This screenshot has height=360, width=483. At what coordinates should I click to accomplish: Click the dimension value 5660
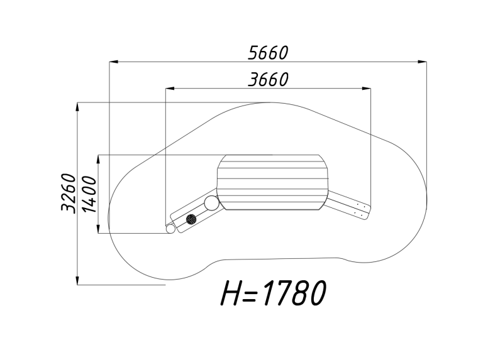(x=268, y=53)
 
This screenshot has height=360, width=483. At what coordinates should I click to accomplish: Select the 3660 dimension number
(x=268, y=79)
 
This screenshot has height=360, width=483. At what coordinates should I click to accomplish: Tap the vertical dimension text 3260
(x=69, y=193)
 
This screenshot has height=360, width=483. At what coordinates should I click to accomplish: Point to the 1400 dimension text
(x=90, y=194)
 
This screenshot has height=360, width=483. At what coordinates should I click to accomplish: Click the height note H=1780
(x=273, y=293)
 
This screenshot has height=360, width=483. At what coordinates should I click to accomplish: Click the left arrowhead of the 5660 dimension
(x=114, y=62)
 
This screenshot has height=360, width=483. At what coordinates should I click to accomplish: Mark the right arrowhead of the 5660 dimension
(x=423, y=62)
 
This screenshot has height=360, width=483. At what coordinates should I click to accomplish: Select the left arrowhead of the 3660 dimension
(x=170, y=89)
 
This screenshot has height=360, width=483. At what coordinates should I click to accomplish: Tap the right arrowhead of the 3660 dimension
(x=366, y=89)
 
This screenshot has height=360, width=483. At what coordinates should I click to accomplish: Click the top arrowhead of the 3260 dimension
(x=77, y=107)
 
